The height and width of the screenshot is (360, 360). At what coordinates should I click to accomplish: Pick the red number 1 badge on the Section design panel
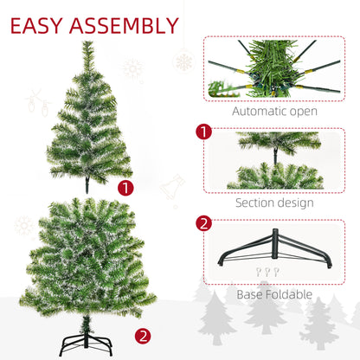[204, 133]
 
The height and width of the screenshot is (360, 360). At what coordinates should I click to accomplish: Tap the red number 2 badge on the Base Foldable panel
[204, 223]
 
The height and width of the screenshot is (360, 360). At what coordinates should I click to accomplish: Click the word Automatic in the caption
[262, 112]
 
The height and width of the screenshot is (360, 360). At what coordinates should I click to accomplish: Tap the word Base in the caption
[251, 293]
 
